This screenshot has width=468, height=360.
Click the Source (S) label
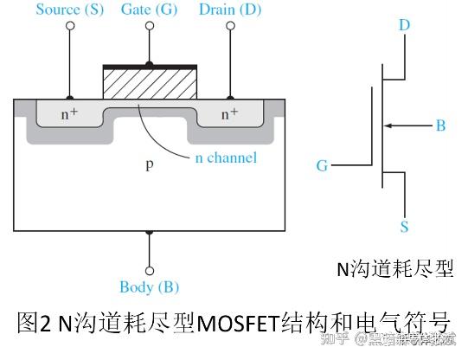(x=70, y=10)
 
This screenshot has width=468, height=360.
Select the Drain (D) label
(x=230, y=10)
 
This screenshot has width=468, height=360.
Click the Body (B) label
(x=150, y=286)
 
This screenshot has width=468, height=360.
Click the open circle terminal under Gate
(x=150, y=27)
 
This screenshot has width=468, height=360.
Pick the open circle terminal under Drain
(x=230, y=27)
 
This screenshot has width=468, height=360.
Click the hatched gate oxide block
(x=150, y=84)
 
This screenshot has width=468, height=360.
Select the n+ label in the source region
(x=69, y=113)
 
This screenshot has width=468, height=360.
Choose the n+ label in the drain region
(x=229, y=113)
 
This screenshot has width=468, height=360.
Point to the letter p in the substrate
(x=149, y=164)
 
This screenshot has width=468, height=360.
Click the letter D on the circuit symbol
(x=404, y=24)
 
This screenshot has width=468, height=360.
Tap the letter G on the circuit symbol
(x=322, y=164)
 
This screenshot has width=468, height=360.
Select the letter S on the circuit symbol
(x=404, y=227)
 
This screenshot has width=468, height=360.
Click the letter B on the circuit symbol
(x=440, y=126)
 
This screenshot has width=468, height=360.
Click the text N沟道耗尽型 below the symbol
(x=395, y=268)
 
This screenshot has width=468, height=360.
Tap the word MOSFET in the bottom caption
(x=237, y=322)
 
